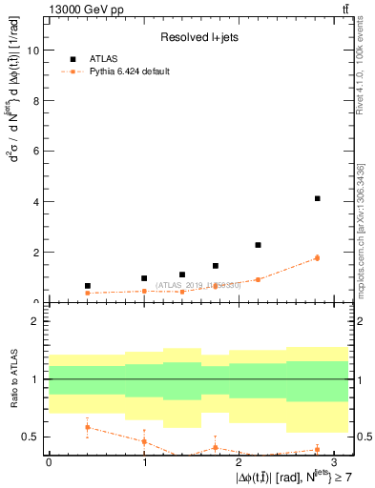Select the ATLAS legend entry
point(106,58)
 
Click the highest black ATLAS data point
point(317,198)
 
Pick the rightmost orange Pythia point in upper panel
point(317,257)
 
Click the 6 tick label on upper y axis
point(35,152)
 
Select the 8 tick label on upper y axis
point(35,101)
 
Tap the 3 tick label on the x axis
point(335,460)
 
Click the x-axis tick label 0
point(48,460)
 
